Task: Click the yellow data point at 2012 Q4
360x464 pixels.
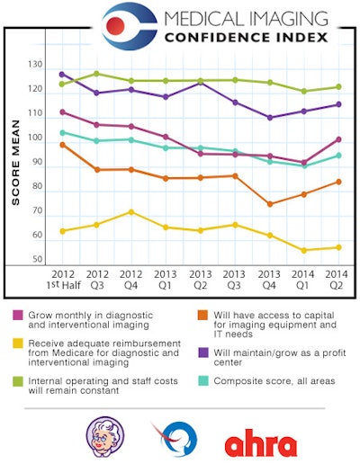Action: click(131, 212)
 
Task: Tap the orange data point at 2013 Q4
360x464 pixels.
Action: click(270, 204)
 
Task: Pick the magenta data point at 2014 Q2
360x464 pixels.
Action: click(338, 139)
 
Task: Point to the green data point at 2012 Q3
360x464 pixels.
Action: click(96, 74)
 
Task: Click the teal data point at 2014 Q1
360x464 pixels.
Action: click(304, 166)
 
